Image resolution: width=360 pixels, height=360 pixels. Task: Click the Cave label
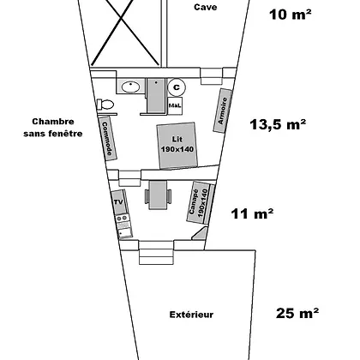pos(206,7)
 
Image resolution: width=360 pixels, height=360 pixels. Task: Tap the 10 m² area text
pos(290,15)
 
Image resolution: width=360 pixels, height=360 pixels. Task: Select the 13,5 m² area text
pos(278,124)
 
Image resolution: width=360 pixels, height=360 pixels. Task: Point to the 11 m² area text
pos(252,213)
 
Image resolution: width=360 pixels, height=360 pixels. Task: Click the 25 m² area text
pos(297,313)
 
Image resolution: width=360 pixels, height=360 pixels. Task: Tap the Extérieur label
pos(191,315)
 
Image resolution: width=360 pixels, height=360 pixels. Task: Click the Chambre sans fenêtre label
pos(53,128)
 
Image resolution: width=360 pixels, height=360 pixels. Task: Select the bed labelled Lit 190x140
pos(177,146)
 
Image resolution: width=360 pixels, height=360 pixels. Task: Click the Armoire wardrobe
pos(223,111)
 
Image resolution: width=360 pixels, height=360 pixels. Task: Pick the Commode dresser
pos(108,139)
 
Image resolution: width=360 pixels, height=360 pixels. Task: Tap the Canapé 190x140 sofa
pos(200,202)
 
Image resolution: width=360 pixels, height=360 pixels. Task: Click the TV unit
pos(119,202)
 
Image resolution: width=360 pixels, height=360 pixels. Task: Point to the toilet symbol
pos(105,105)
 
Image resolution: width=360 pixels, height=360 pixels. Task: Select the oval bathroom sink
pos(130,87)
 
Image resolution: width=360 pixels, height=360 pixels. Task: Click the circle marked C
pos(177,87)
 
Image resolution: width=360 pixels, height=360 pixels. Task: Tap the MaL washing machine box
pos(175,105)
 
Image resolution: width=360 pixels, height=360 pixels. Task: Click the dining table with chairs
pos(158,195)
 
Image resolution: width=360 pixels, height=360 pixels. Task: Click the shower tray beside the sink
pos(156,95)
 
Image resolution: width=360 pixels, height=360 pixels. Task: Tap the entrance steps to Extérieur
pos(156,252)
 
